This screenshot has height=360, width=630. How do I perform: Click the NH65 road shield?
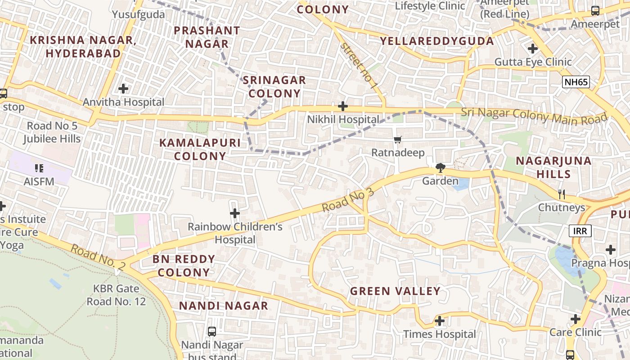[x=576, y=82]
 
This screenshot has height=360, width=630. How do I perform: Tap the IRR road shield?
[x=580, y=231]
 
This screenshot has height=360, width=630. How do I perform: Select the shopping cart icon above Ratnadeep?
[x=397, y=140]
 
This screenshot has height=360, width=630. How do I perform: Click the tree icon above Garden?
[x=440, y=168]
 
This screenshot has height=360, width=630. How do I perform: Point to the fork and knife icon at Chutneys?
[x=561, y=194]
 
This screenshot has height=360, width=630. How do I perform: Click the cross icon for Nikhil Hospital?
[x=343, y=106]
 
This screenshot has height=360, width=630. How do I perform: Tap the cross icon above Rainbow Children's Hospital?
[x=234, y=213]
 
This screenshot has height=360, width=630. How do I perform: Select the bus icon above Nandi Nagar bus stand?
[x=211, y=332]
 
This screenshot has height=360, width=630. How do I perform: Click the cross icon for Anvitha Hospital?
[x=123, y=89]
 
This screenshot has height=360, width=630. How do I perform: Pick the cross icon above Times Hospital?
[x=440, y=321]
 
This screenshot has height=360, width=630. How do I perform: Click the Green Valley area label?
[x=395, y=291]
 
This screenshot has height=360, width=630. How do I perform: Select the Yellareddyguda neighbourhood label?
[x=436, y=41]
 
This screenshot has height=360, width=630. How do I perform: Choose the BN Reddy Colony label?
[x=184, y=265]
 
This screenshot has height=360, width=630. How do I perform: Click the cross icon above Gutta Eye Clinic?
[x=533, y=48]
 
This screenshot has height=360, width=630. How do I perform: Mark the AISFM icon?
[x=39, y=168]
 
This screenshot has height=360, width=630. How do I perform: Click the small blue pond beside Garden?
[x=462, y=184]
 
